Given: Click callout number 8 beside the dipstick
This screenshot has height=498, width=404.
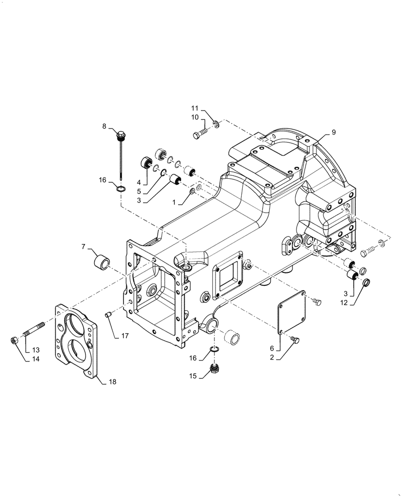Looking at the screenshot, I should (104, 127).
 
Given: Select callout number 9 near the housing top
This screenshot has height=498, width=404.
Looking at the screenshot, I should (333, 132).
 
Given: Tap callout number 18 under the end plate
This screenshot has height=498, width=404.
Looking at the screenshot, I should (112, 382).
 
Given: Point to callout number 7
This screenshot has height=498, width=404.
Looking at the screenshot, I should (84, 246).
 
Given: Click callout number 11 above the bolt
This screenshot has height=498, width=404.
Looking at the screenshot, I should (196, 108).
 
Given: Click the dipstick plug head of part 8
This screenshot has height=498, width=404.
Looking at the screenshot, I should (120, 134).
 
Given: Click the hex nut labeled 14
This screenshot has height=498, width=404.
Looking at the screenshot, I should (15, 341).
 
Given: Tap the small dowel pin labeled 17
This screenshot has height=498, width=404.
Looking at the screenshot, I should (106, 314).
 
